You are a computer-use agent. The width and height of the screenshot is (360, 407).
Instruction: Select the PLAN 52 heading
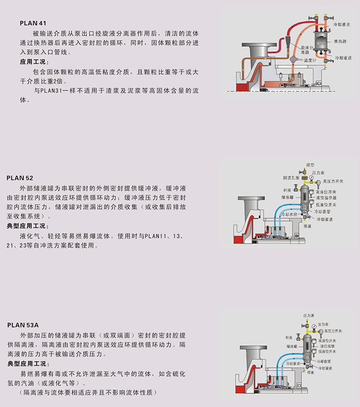[x=20, y=178]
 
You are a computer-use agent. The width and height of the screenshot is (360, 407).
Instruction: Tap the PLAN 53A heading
[x=23, y=325]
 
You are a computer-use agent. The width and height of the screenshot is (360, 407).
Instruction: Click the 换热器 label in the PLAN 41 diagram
[x=339, y=41]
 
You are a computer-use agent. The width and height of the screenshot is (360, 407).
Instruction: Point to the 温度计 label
[x=310, y=61]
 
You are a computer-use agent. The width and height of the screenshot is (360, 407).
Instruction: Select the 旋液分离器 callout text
[x=308, y=49]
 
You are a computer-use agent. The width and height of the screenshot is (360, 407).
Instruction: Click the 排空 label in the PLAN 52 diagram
[x=310, y=165]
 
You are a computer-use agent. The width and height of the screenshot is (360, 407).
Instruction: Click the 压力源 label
[x=309, y=313]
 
